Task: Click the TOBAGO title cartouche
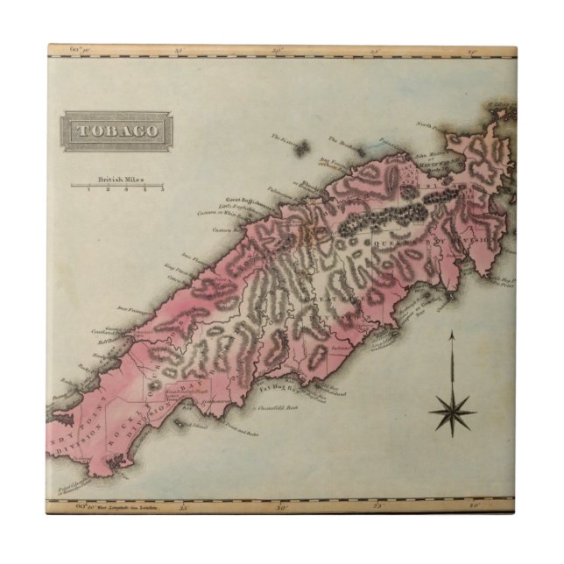(x=116, y=131)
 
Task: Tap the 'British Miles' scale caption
(x=120, y=179)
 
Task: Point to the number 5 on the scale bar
(x=162, y=190)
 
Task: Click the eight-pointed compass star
(x=453, y=409)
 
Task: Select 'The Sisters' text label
(x=285, y=138)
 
